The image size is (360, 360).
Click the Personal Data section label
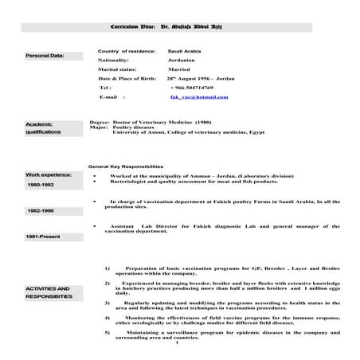click(44, 56)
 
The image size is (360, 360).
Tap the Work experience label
click(48, 174)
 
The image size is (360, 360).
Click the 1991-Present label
click(44, 237)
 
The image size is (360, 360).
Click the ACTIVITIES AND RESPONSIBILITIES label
click(48, 292)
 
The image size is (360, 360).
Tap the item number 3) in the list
click(108, 303)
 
